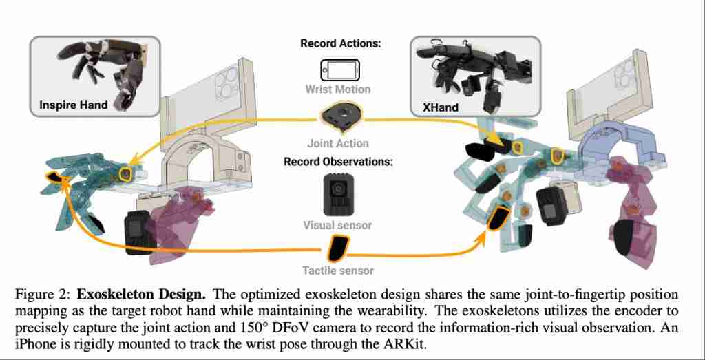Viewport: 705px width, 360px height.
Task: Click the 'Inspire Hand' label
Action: [74, 105]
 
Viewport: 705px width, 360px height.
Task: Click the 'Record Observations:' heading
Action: [338, 162]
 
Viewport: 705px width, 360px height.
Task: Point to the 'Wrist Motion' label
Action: [338, 89]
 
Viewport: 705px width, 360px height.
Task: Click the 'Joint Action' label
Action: [338, 144]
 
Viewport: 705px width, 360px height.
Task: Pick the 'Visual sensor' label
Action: [337, 225]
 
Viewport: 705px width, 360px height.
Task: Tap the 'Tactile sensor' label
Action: [338, 271]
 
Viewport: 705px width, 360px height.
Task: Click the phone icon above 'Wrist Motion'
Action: [340, 70]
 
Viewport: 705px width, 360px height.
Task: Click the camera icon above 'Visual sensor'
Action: [337, 195]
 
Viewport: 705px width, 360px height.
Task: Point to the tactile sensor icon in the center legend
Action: [337, 248]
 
